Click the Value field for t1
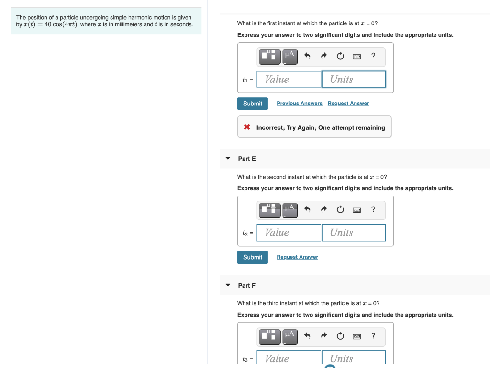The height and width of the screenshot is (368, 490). tap(289, 79)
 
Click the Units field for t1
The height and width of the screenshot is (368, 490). tap(354, 79)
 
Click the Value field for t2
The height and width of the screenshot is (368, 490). tap(289, 232)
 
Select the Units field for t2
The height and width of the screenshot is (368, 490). tap(354, 232)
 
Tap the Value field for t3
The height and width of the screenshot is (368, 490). tap(289, 358)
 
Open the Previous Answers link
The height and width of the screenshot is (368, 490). tap(300, 103)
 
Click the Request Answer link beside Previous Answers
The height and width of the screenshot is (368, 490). tap(348, 103)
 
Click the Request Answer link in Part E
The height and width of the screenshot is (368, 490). tap(297, 257)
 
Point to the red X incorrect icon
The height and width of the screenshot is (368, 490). tap(247, 127)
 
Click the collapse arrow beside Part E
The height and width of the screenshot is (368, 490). tap(228, 158)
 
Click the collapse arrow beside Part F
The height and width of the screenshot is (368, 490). tap(228, 285)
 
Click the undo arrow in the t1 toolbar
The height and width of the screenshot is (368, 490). tap(308, 57)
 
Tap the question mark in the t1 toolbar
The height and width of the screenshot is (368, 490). tap(373, 56)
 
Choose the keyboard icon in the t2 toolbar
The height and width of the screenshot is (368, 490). tap(356, 210)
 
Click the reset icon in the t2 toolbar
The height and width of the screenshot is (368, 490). tap(340, 210)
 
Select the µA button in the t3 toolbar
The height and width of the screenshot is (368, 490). tap(290, 336)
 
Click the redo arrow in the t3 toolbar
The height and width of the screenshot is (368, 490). tap(324, 336)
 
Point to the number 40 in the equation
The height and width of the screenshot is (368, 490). tap(48, 25)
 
